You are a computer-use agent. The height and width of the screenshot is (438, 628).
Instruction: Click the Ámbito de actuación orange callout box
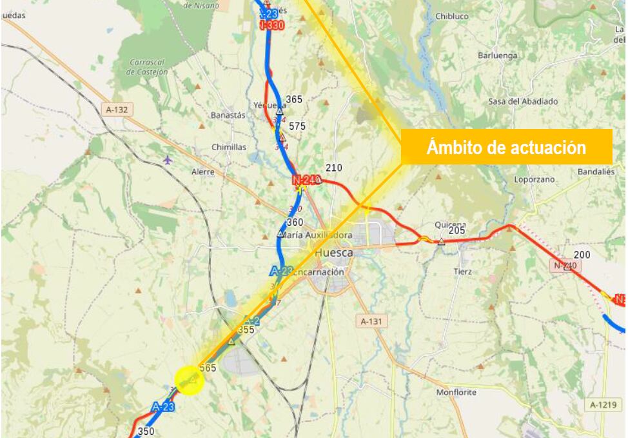(x=506, y=147)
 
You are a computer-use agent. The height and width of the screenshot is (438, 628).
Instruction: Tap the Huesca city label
(x=334, y=253)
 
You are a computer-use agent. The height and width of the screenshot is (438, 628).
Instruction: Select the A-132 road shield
(x=116, y=110)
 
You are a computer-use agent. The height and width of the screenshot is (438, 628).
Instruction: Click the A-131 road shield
(x=371, y=321)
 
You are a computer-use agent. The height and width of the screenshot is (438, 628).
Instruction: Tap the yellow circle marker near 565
(x=190, y=380)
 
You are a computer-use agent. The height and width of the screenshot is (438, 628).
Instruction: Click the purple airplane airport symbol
(x=168, y=159)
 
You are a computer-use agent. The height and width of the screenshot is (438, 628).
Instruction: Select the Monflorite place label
(x=456, y=392)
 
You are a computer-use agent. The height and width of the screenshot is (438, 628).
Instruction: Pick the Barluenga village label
(x=497, y=55)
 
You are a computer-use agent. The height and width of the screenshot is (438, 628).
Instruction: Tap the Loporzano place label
(x=535, y=179)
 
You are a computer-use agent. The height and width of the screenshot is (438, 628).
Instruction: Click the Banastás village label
(x=228, y=115)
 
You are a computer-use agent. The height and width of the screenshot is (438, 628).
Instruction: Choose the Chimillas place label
(x=229, y=147)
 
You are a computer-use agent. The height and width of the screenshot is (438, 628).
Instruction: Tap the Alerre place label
(x=202, y=172)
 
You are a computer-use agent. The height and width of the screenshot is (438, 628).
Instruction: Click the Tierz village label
(x=462, y=272)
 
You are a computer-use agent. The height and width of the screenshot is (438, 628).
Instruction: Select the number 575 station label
(x=297, y=126)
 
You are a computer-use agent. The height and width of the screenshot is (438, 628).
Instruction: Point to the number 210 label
(x=333, y=168)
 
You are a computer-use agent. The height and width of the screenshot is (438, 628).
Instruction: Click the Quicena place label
(x=450, y=224)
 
